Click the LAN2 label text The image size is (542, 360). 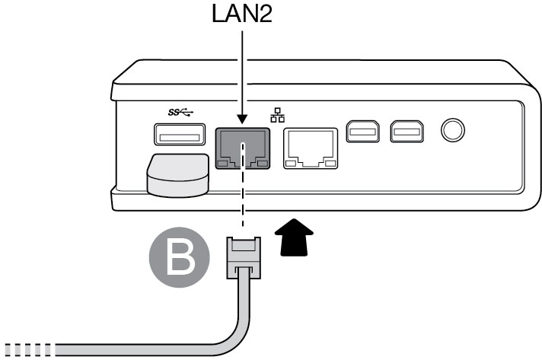tap(241, 15)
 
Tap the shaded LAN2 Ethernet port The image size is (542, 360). tap(242, 148)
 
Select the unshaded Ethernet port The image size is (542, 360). tap(311, 148)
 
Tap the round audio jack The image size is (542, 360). tap(454, 132)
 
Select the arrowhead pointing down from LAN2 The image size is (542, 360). tap(242, 119)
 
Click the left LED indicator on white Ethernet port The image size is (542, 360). tap(292, 163)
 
